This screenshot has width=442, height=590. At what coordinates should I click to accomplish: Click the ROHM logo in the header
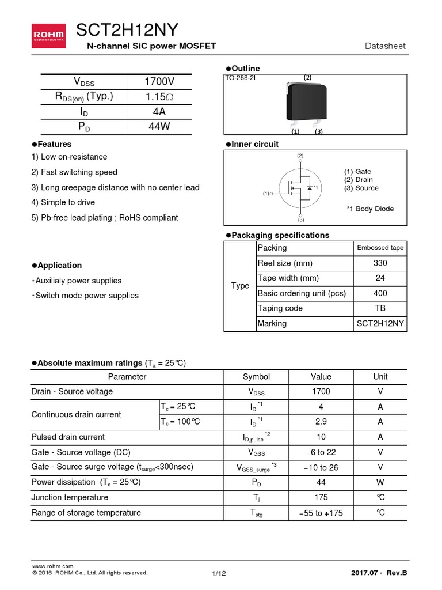tap(48, 36)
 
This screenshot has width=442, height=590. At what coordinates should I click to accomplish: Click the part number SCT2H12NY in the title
tap(127, 31)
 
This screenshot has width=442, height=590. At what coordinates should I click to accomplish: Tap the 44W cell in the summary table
tap(159, 127)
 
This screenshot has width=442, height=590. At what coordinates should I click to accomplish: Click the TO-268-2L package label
tap(241, 78)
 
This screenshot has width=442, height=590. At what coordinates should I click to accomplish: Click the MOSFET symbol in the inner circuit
tap(300, 188)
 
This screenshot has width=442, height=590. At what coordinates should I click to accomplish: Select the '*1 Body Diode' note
tap(369, 209)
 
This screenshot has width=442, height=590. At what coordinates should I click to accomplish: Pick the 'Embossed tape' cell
tap(380, 248)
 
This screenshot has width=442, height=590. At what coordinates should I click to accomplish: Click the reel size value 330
tap(380, 263)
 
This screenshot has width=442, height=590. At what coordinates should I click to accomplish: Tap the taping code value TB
tap(380, 308)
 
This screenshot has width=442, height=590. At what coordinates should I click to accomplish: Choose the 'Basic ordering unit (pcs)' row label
tap(302, 293)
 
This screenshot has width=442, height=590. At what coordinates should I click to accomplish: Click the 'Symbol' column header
tap(256, 377)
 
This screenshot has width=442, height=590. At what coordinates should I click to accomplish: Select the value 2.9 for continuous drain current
tap(321, 422)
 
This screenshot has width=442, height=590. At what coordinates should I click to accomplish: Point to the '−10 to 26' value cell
tap(321, 467)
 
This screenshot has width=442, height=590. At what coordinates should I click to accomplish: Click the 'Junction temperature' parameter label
tap(70, 497)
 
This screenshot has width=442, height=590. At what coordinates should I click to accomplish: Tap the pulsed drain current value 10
tap(321, 437)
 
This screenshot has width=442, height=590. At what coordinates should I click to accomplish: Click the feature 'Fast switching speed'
tap(79, 172)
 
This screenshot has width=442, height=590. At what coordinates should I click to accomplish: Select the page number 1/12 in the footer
tap(219, 573)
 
